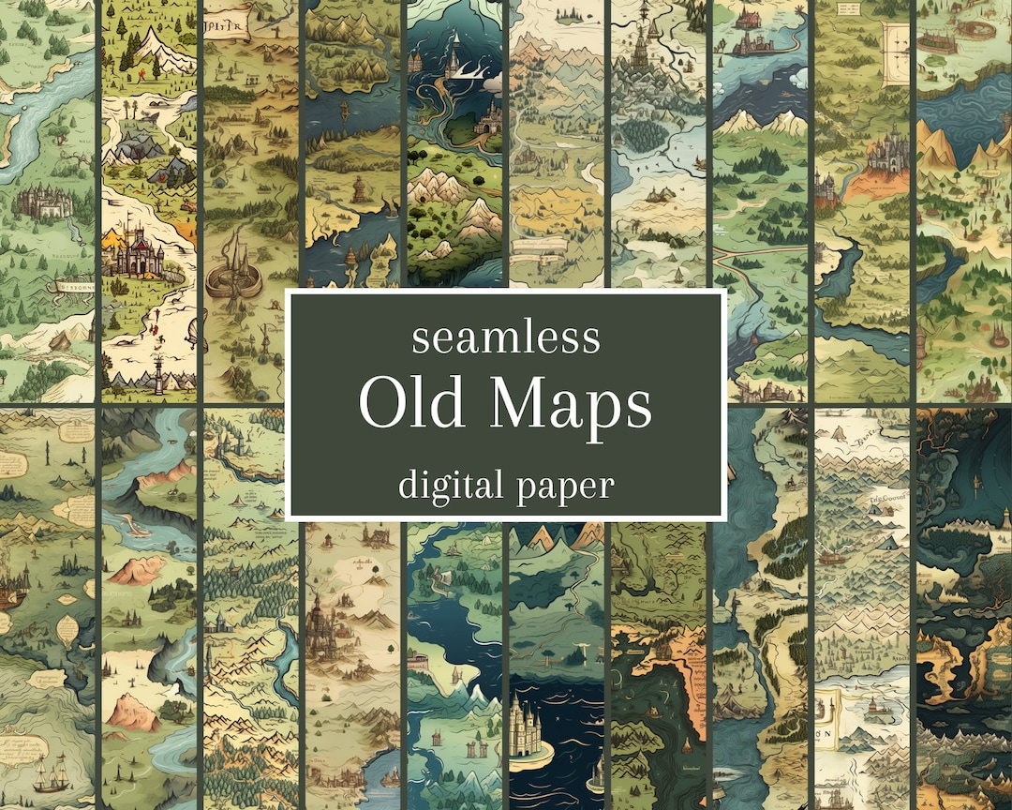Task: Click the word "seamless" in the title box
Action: pos(506,337)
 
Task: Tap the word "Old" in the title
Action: pos(410,405)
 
